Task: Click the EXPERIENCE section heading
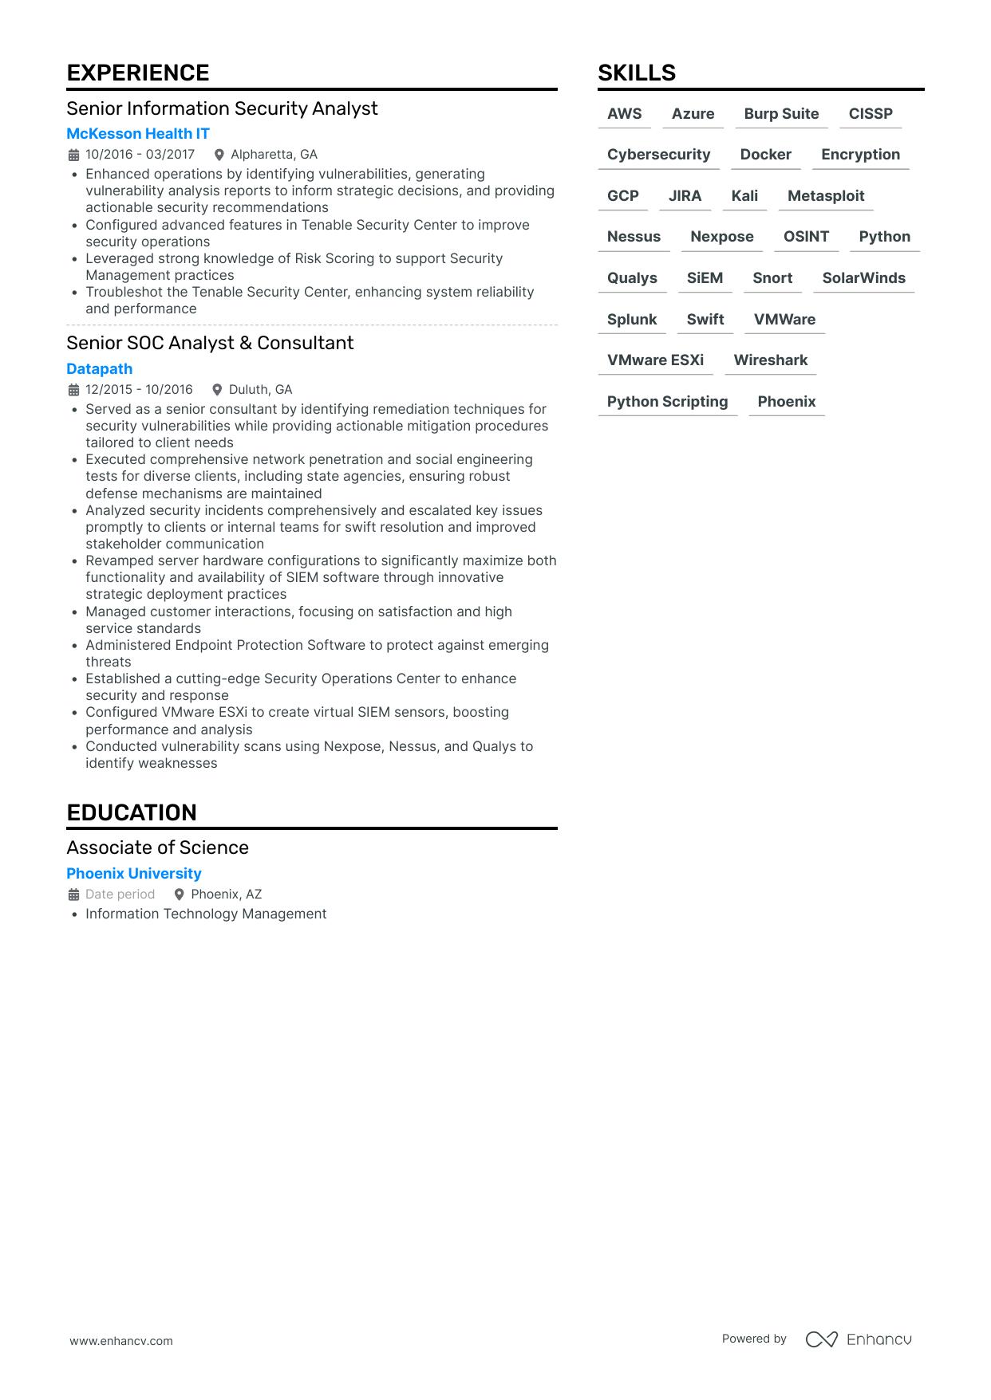138,73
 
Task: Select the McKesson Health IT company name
138,134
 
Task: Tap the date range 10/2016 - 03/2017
140,155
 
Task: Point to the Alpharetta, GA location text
274,155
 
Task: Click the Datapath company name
100,369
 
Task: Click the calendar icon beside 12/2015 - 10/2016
73,390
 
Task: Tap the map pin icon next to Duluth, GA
217,390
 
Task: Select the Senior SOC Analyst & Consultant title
210,343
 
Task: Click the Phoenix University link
134,874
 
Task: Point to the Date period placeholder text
120,895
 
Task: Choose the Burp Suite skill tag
781,114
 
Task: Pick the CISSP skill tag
871,114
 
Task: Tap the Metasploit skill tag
826,196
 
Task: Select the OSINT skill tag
806,237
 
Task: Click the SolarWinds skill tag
863,278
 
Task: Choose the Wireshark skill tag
771,360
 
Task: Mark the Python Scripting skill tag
667,402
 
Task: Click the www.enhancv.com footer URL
121,1341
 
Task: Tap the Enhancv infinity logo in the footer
821,1339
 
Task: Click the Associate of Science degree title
158,847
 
